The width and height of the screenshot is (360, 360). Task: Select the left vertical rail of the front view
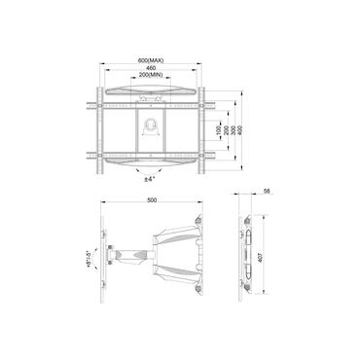click(x=98, y=126)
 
